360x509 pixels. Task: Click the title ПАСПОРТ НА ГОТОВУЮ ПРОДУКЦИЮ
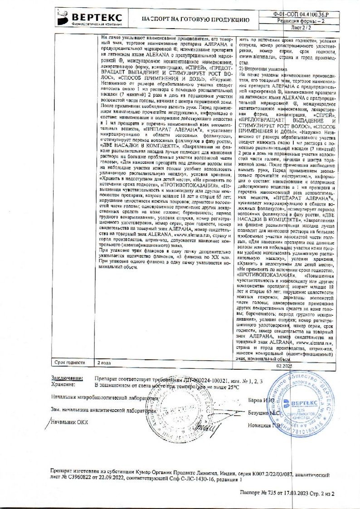tap(195, 20)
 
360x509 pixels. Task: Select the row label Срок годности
tap(69, 362)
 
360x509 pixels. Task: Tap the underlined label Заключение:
tap(67, 377)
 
